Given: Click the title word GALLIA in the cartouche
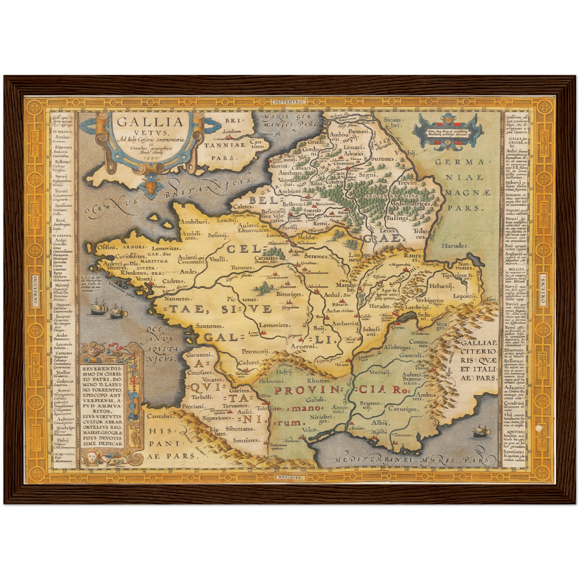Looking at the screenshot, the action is coord(150,122).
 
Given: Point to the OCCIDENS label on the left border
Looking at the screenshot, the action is coord(35,290).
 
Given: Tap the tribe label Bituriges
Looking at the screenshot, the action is coord(289,294).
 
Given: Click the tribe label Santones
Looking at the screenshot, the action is coord(209,326).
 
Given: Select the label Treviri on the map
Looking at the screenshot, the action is coord(409,183).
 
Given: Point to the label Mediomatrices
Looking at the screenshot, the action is coord(411,204).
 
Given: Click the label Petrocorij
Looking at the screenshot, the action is coord(254,351).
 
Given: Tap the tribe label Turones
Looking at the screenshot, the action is coord(242,267).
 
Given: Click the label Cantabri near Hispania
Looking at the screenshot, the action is coord(160,416).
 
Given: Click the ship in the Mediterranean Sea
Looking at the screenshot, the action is coord(481,431).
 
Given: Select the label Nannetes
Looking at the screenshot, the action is coord(177,299).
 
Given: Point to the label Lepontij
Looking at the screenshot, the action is coord(464,296).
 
